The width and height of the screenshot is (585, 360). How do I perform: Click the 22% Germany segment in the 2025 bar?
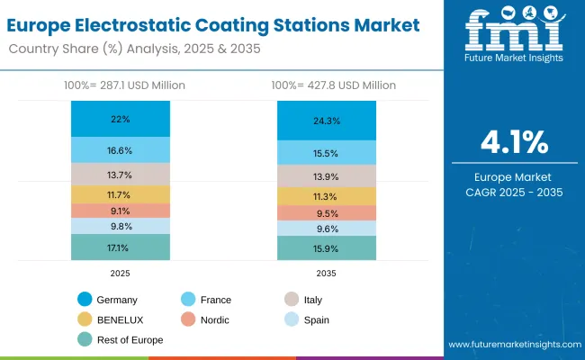(121, 119)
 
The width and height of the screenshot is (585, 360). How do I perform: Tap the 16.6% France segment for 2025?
(121, 150)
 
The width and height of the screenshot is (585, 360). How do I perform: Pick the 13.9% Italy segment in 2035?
(326, 175)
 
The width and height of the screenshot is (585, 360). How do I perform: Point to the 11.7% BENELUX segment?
(121, 194)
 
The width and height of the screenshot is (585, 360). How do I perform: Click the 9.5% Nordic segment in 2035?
(326, 213)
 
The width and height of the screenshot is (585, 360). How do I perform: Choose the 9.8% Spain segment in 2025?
(121, 227)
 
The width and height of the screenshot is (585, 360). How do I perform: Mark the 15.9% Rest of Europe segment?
(326, 247)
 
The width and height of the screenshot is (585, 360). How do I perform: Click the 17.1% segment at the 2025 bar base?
(121, 247)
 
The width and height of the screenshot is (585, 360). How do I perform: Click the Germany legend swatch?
(85, 299)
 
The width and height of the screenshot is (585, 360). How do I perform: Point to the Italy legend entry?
(302, 299)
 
